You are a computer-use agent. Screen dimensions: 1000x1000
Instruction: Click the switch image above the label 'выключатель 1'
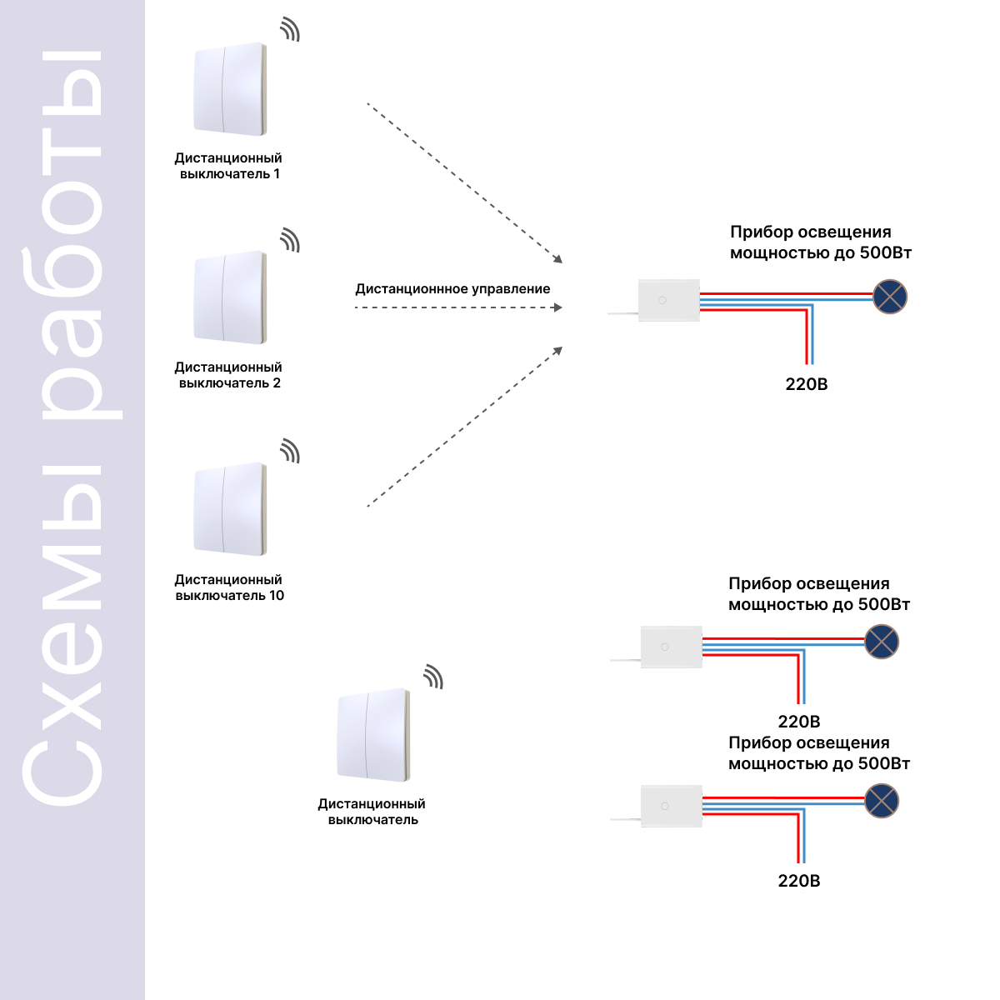(230, 88)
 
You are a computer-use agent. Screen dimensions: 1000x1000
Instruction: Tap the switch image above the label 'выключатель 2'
(230, 297)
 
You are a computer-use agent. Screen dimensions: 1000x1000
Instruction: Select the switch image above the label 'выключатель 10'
(230, 509)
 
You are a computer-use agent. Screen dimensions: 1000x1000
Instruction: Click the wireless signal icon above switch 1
(291, 29)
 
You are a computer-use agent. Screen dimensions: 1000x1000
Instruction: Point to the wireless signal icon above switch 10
(291, 451)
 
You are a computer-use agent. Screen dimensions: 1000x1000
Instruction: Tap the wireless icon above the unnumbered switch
(434, 677)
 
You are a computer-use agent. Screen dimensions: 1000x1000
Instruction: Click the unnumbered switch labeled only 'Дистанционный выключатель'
(373, 735)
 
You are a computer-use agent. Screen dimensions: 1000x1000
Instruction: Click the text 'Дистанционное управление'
(452, 289)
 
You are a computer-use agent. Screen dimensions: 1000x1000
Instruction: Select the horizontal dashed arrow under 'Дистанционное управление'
(458, 307)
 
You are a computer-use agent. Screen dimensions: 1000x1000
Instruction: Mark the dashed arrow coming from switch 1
(465, 183)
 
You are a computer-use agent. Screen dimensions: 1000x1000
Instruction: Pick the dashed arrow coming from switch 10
(465, 427)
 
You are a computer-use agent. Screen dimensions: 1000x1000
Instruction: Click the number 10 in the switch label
(276, 595)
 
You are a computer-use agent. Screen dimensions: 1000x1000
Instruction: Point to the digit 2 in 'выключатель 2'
(277, 383)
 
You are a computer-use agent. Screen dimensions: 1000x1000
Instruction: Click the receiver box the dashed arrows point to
(669, 301)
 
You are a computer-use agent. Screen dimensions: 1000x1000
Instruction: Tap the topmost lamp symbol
(890, 297)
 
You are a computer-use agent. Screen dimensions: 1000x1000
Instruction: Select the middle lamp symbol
(882, 642)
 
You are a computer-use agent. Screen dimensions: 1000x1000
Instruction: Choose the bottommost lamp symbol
(882, 801)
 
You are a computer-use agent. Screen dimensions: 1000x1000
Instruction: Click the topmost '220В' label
(807, 384)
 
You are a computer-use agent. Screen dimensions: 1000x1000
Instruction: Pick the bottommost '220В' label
(799, 881)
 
